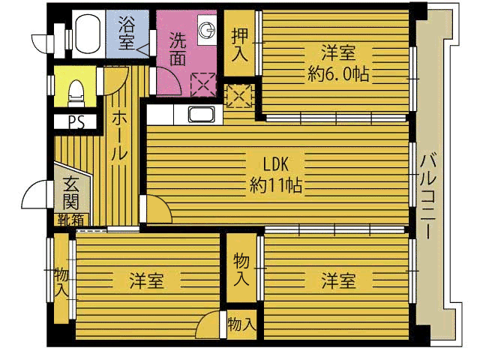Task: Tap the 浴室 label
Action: click(x=127, y=33)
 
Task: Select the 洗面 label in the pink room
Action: click(x=178, y=49)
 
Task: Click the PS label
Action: click(x=76, y=122)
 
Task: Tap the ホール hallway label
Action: click(x=119, y=135)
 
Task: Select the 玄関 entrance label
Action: click(x=71, y=192)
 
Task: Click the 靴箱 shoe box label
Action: click(x=71, y=220)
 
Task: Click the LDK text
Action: click(x=276, y=164)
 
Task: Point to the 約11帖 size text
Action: click(x=276, y=185)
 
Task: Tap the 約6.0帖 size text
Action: click(x=338, y=73)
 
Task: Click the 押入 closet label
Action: click(x=239, y=45)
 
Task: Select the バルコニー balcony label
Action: click(x=428, y=196)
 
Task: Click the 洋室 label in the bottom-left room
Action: click(x=147, y=280)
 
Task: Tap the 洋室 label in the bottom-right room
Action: click(x=338, y=280)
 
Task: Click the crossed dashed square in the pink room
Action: click(x=203, y=85)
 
